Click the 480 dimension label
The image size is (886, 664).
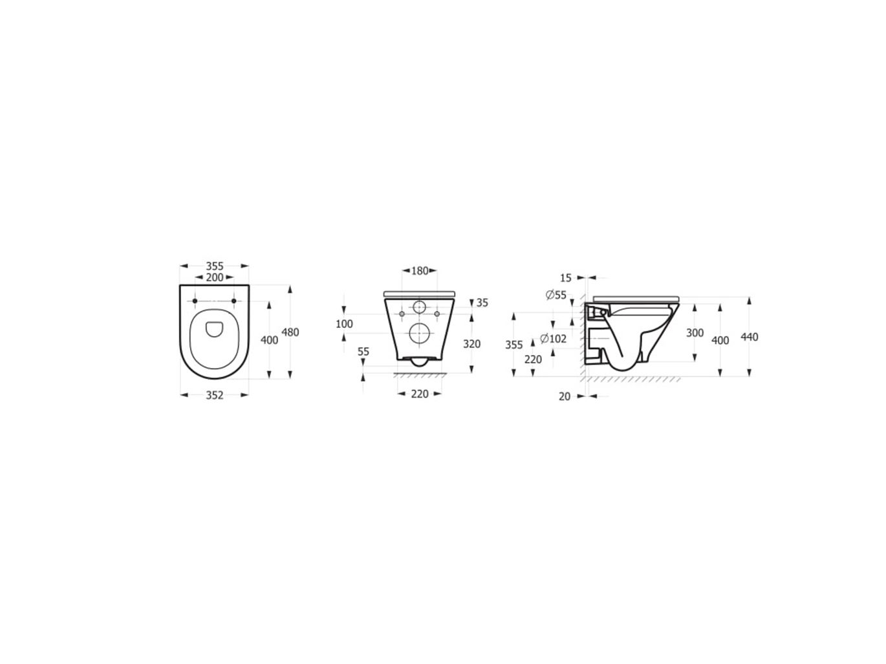(x=290, y=332)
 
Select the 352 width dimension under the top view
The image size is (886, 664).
(x=214, y=395)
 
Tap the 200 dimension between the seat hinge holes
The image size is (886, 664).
(x=214, y=277)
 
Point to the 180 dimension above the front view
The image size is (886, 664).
(x=419, y=271)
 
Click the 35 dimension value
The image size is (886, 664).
(x=482, y=302)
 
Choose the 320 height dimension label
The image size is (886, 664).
(x=471, y=344)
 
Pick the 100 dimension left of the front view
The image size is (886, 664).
(x=344, y=323)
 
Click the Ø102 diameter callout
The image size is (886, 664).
(x=554, y=338)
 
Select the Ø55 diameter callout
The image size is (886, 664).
(x=556, y=295)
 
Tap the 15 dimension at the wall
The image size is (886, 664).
(x=565, y=278)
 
